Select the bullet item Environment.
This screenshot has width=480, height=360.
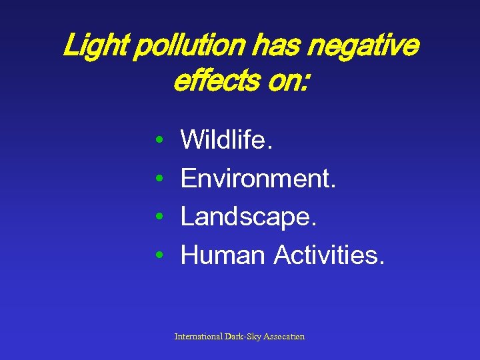pos(258,178)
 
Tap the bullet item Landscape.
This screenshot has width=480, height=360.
pos(248,217)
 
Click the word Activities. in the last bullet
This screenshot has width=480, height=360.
pos(329,254)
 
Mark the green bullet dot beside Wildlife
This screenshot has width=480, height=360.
pos(159,141)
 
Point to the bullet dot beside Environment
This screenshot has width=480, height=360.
pos(159,179)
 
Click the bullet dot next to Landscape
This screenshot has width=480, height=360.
pos(159,217)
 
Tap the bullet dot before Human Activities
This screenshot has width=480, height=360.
pos(159,255)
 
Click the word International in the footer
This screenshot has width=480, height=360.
pos(199,337)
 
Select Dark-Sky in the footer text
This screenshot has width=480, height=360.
pos(243,337)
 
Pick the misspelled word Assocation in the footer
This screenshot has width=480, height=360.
pos(284,337)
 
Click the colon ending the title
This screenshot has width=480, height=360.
pos(306,83)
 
